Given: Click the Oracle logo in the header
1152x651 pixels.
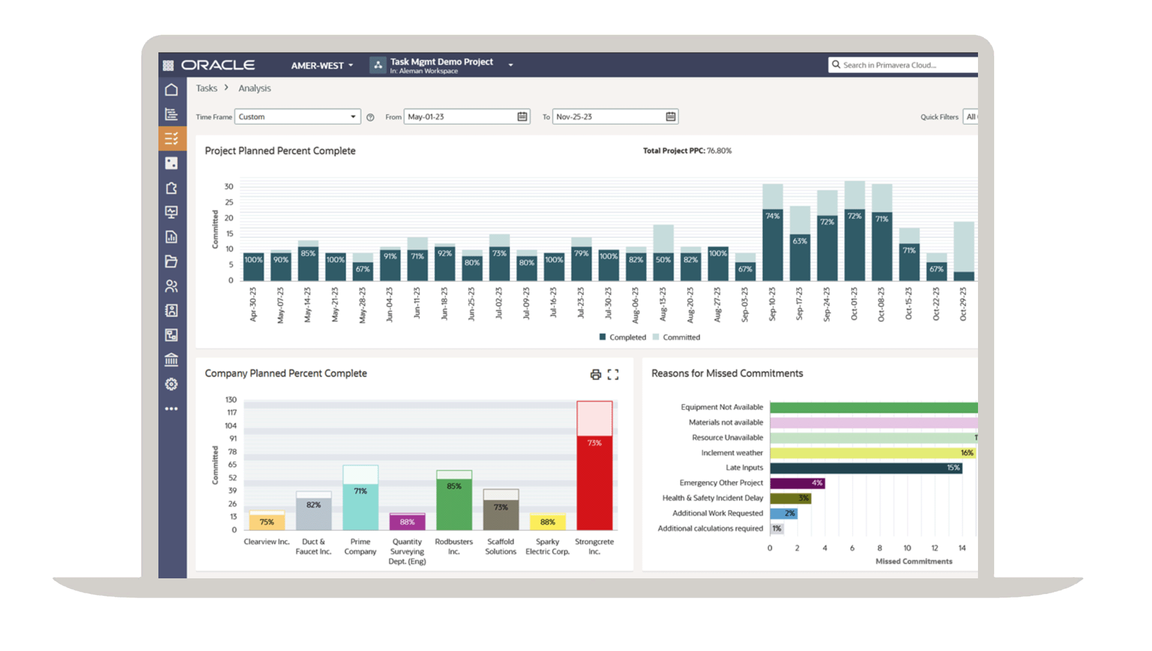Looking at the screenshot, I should pos(218,65).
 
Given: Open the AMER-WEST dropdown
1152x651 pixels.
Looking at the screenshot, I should pos(322,65).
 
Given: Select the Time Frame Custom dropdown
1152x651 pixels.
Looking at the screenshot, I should pos(297,117).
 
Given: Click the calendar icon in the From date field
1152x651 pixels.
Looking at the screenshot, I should pos(522,117).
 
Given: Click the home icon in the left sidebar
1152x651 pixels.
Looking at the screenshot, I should pos(172,89).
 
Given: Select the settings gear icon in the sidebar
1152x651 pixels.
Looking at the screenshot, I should pos(172,384).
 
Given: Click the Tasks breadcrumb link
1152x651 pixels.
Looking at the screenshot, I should pos(206,88).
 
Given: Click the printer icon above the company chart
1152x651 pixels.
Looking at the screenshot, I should pos(595,375).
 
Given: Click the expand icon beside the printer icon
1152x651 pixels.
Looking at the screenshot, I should pos(613,375).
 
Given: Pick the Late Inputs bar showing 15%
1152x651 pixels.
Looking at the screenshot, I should pos(865,468).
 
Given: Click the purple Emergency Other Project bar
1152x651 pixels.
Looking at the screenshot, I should pos(797,483).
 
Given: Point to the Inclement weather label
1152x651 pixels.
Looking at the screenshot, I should pos(731,453).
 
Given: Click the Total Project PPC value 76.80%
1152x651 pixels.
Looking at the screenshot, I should pos(719,151).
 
